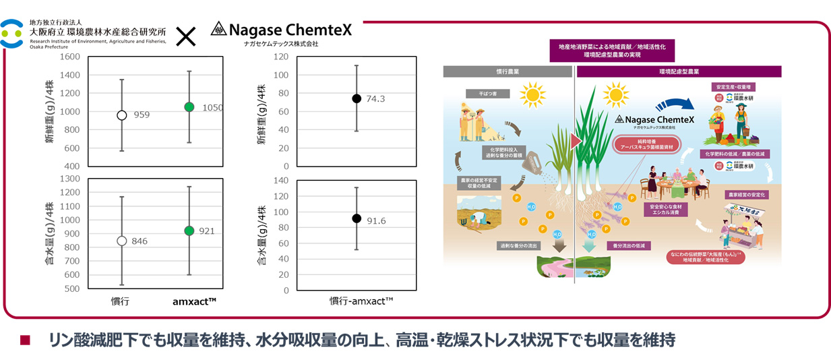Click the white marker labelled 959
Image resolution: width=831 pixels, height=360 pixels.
click(x=122, y=115)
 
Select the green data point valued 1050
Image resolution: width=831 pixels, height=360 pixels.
click(x=189, y=107)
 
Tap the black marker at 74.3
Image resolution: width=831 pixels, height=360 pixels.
click(x=357, y=98)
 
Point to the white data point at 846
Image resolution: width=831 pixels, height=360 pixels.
click(x=122, y=241)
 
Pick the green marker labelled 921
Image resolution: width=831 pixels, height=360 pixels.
click(x=189, y=231)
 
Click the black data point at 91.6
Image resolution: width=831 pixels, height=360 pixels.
click(x=357, y=218)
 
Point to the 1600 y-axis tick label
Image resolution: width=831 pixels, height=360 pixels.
click(x=69, y=57)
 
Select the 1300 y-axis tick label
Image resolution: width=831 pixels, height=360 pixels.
click(x=69, y=179)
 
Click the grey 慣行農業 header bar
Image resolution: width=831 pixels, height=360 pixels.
click(x=507, y=71)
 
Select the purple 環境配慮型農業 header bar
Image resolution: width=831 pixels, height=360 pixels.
click(x=678, y=71)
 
